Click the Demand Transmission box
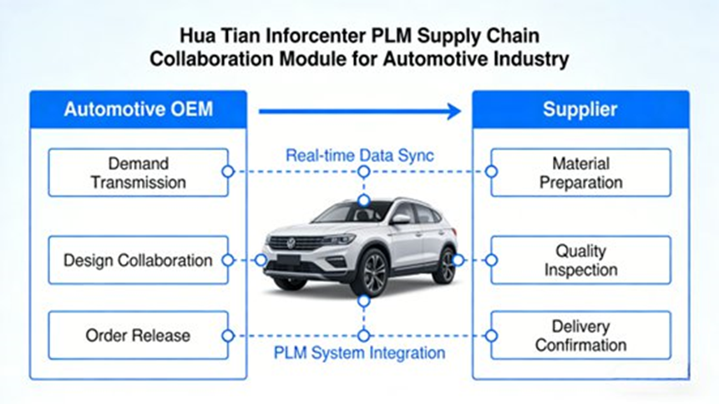click(138, 172)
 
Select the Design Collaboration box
click(138, 260)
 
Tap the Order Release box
click(138, 336)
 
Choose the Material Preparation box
click(580, 172)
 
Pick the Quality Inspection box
click(580, 260)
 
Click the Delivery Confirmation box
click(580, 336)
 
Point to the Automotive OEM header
click(139, 109)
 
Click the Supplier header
click(580, 109)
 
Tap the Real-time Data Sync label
click(360, 155)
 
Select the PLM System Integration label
click(360, 352)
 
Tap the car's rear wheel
click(443, 265)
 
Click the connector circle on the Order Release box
click(227, 336)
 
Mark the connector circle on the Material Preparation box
click(491, 172)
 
